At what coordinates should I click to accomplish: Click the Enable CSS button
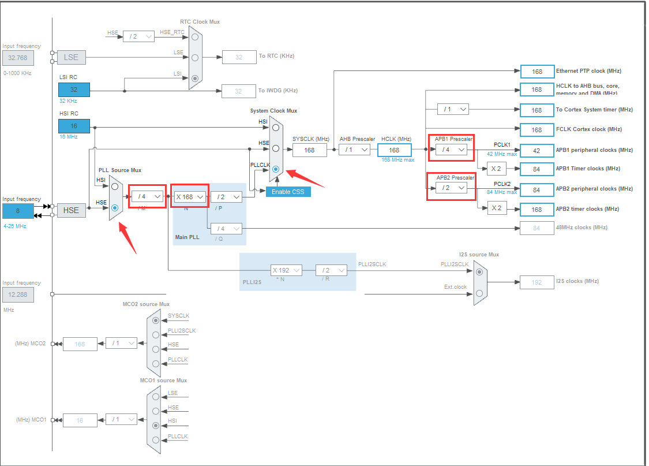288,191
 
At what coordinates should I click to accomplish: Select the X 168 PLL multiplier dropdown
191,197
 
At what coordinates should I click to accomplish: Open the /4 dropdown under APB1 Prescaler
451,150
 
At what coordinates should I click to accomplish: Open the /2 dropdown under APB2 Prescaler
451,188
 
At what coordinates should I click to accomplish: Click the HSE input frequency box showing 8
18,211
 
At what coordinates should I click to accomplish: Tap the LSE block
71,57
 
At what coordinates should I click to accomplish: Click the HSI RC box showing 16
74,126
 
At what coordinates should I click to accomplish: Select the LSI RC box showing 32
74,90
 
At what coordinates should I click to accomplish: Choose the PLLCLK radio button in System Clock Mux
276,170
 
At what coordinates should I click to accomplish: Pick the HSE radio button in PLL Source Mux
115,207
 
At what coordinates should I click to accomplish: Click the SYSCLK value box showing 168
309,150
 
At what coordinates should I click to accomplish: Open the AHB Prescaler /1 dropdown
354,150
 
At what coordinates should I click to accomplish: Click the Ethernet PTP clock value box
537,72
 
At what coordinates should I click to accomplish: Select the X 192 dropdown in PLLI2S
286,270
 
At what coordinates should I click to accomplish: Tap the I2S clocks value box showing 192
537,282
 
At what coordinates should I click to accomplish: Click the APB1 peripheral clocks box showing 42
537,150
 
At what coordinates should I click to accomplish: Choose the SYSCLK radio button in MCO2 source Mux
155,320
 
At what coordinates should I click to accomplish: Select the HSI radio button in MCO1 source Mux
155,425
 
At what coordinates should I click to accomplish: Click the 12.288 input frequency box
18,295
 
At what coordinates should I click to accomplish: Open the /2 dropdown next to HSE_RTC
138,36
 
